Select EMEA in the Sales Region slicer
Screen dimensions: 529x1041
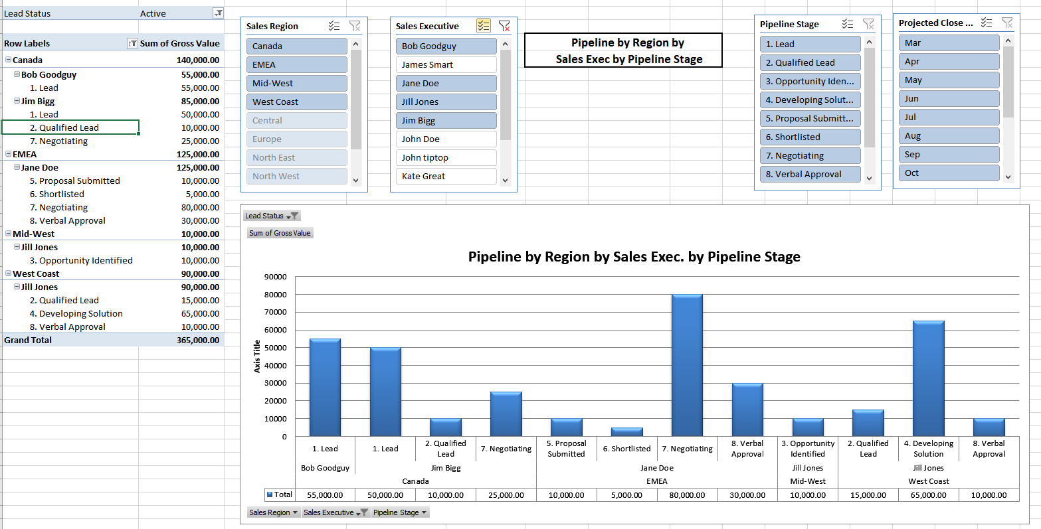(x=296, y=65)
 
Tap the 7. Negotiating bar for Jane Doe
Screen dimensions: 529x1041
(x=687, y=365)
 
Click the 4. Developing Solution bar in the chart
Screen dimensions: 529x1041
(x=928, y=378)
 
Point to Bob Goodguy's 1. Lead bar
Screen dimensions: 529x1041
(x=325, y=388)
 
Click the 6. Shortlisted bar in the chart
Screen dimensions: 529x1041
(x=626, y=432)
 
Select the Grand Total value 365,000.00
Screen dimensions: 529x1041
(x=198, y=340)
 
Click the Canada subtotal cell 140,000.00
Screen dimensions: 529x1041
(x=198, y=60)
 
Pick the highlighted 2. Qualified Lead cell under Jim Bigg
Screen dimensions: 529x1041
(x=70, y=127)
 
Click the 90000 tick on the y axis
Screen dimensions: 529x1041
(x=276, y=277)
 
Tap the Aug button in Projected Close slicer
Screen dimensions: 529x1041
(x=948, y=136)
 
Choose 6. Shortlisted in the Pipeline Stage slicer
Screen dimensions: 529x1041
(x=810, y=137)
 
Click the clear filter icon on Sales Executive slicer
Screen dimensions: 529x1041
(x=504, y=27)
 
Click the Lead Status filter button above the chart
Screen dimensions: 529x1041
(x=272, y=216)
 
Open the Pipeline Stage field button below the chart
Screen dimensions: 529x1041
(x=401, y=512)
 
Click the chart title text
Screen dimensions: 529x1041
(x=634, y=257)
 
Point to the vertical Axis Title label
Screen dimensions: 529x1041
(x=257, y=356)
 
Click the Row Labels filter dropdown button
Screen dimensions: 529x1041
(x=132, y=44)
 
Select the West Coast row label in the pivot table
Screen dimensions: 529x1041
(x=36, y=274)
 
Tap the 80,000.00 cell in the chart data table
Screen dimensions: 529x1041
(x=687, y=495)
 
